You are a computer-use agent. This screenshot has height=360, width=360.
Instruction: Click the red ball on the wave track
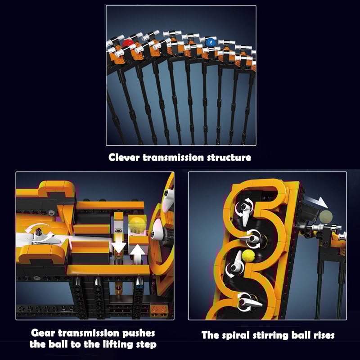click(x=127, y=44)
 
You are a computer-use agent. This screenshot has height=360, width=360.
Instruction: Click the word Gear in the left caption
click(x=43, y=333)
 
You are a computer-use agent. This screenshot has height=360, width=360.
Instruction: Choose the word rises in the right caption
click(x=322, y=335)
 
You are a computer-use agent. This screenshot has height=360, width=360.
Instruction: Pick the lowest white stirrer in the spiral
click(x=246, y=301)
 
